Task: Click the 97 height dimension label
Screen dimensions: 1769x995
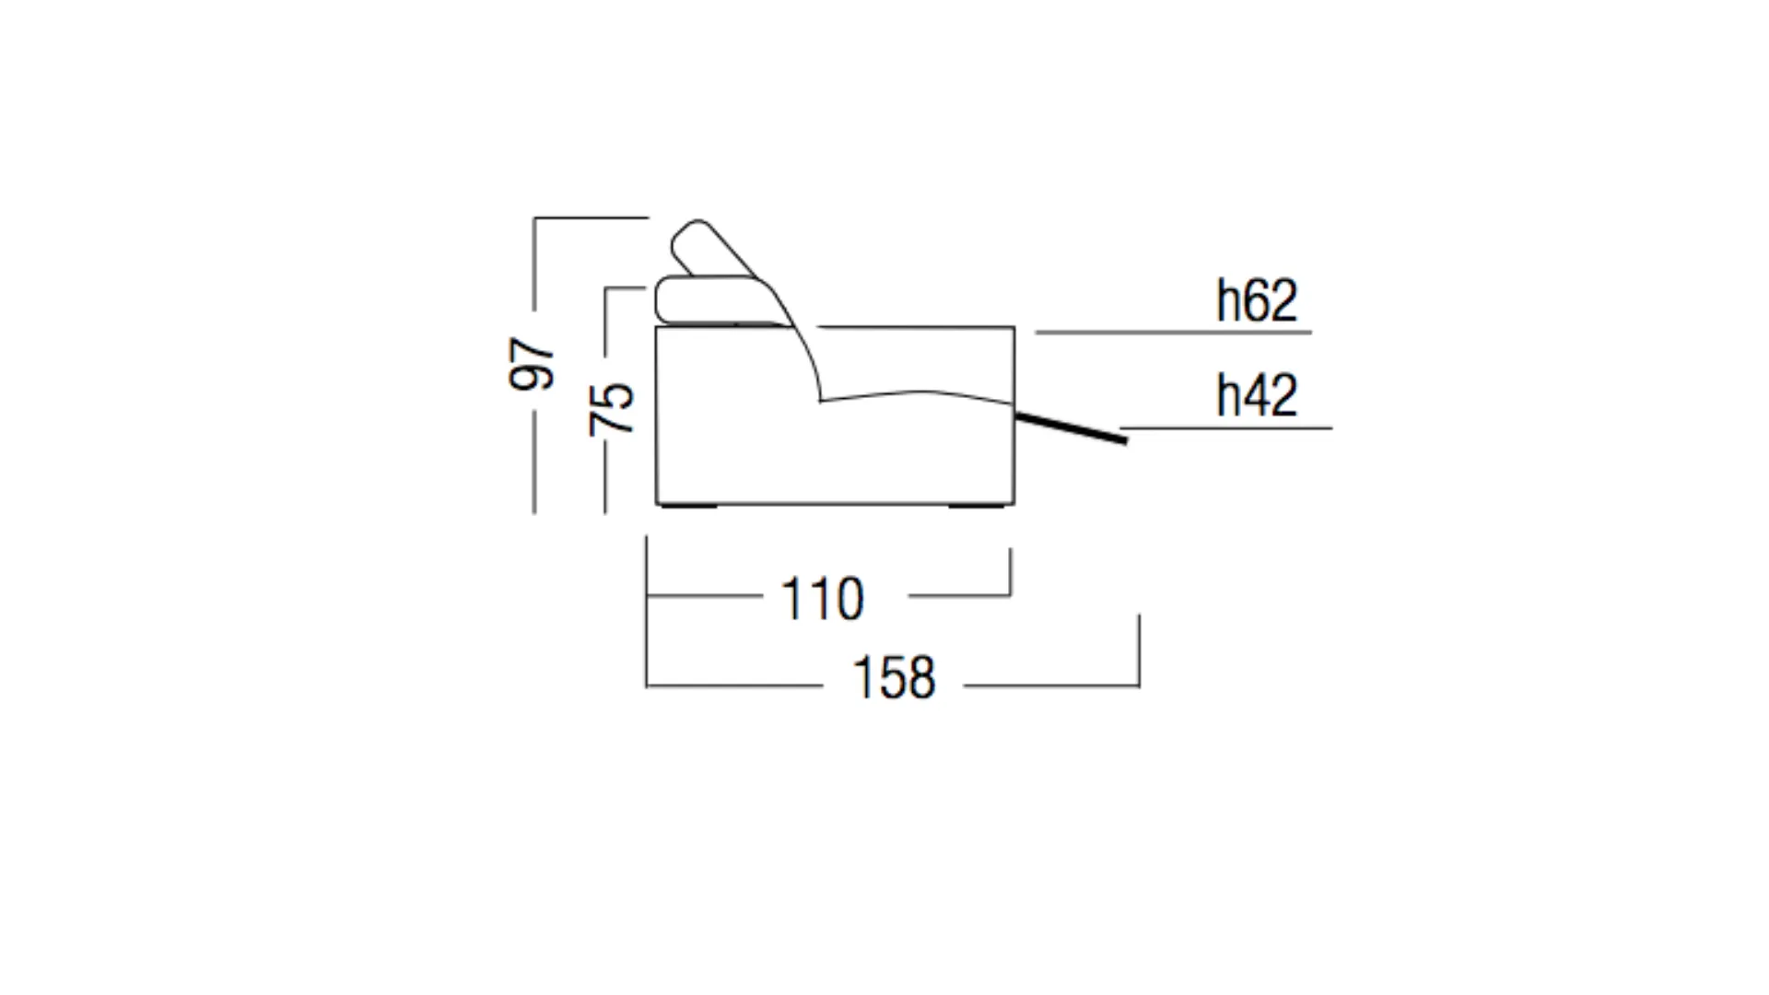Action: pos(533,364)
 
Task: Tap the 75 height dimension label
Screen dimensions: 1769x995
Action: pos(612,408)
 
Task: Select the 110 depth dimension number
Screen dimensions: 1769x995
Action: pos(822,600)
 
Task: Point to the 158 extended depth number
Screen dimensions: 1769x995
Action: pos(894,678)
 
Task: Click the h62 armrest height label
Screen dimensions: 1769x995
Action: pos(1257,300)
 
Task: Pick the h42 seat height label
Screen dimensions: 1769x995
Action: pos(1257,395)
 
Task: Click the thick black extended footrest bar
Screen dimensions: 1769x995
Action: pos(1071,428)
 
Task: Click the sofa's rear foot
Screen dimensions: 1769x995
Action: pos(688,506)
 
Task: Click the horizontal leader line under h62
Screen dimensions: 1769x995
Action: pos(1173,333)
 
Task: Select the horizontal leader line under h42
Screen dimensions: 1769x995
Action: pos(1227,428)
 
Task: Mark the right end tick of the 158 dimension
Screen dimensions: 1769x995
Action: pos(1140,650)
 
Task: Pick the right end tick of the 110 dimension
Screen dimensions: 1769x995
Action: pos(1011,572)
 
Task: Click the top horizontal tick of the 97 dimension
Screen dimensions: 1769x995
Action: pos(592,218)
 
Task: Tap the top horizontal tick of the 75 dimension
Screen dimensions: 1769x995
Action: pos(626,288)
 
